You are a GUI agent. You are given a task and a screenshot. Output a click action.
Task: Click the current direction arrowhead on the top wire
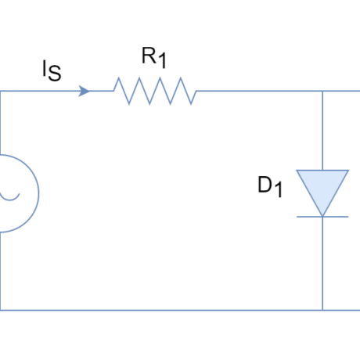pos(85,91)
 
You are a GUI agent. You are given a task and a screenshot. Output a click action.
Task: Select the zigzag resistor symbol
pos(155,91)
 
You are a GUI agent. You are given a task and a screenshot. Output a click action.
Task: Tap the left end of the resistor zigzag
pos(113,91)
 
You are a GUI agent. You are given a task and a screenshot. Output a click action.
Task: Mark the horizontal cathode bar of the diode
pos(322,217)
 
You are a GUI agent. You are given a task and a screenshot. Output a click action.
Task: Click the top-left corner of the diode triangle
pos(297,171)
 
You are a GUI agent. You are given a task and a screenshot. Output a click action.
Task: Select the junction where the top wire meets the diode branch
pos(322,91)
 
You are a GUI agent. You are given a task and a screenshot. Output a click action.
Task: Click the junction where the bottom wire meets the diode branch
pos(322,310)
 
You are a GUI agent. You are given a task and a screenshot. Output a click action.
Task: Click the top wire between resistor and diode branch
pos(258,91)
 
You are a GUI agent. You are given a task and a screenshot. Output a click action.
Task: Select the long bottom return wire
pos(157,310)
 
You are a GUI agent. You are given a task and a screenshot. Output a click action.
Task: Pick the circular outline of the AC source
pos(38,193)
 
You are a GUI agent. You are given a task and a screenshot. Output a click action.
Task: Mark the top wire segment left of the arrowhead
pos(39,91)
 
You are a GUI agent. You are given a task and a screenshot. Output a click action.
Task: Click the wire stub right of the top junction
pos(342,91)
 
